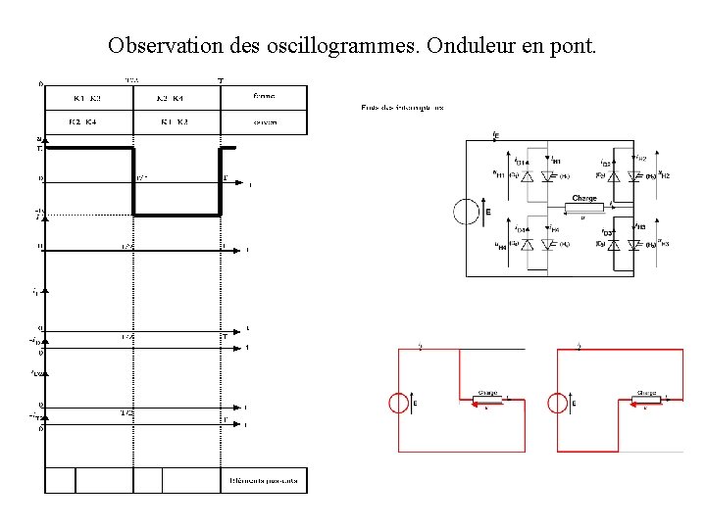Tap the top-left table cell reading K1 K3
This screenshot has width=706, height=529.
(x=87, y=98)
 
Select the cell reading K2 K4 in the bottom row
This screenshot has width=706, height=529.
(x=82, y=121)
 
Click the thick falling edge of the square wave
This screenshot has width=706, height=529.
(x=133, y=181)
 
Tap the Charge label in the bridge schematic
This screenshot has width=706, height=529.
(x=584, y=198)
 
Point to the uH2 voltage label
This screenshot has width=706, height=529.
(x=665, y=174)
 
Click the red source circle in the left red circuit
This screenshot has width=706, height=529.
(x=400, y=403)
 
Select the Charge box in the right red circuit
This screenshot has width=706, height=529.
(x=647, y=400)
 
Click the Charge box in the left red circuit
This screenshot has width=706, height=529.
(x=487, y=400)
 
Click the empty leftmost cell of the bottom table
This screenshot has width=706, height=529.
(x=60, y=481)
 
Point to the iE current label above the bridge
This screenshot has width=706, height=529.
(x=494, y=134)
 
